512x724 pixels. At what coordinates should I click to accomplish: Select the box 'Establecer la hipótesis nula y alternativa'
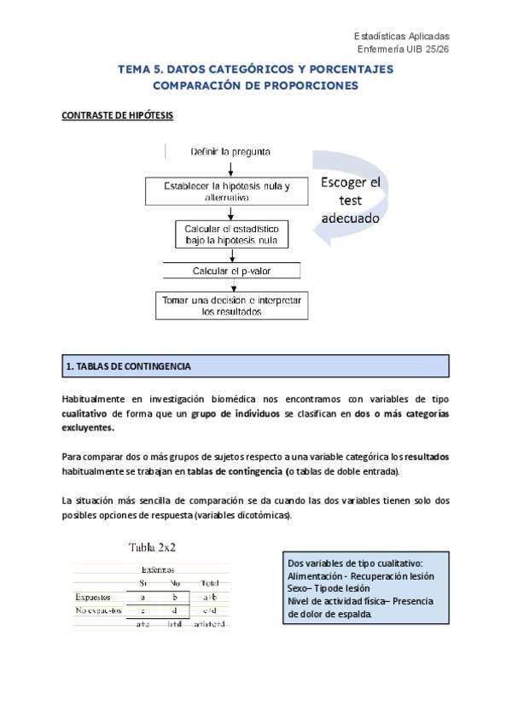click(x=227, y=191)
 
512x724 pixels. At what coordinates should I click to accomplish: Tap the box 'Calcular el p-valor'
click(x=232, y=271)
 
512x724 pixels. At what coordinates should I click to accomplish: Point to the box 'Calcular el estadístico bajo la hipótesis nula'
click(x=232, y=235)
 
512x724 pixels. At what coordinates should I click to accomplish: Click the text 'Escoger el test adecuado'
click(x=351, y=200)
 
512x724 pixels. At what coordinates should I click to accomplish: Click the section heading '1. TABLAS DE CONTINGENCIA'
click(x=128, y=366)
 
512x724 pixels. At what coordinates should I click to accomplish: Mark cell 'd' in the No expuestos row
click(x=174, y=610)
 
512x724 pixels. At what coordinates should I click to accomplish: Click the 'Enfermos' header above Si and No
click(x=158, y=569)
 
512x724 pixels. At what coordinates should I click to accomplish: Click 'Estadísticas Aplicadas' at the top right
click(x=401, y=36)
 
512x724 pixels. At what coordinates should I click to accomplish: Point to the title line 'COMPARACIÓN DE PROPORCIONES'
click(x=255, y=85)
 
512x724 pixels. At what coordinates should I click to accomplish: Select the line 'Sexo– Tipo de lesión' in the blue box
click(x=330, y=588)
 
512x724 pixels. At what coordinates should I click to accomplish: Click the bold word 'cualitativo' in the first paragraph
click(x=90, y=413)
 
